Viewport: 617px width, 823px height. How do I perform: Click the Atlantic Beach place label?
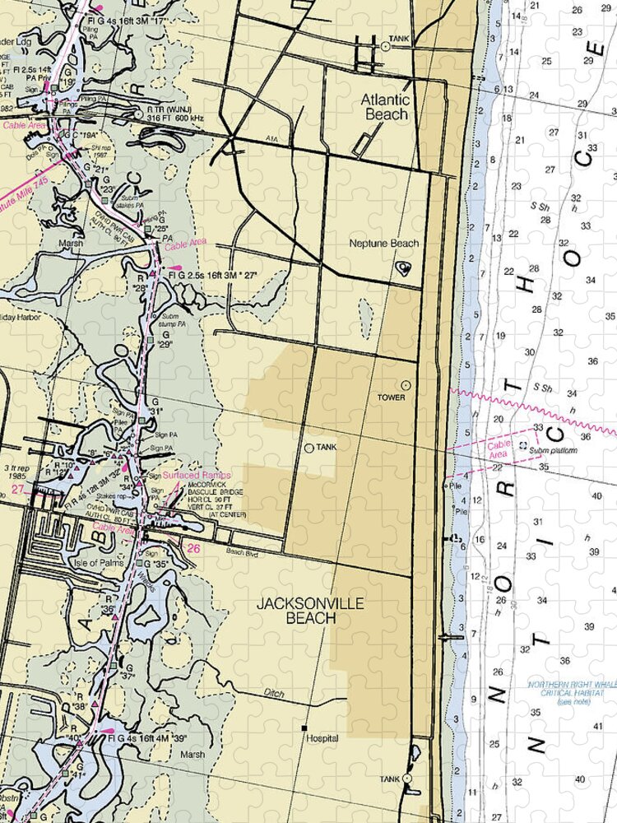pos(385,107)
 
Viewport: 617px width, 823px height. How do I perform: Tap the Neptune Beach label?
pos(383,244)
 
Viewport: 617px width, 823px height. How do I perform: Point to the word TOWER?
pos(392,398)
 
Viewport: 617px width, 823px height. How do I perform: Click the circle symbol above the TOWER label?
pos(405,384)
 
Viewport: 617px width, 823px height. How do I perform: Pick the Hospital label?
pos(322,739)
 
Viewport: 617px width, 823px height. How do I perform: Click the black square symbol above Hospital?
pos(304,728)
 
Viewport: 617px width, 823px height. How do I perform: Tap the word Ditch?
pos(275,694)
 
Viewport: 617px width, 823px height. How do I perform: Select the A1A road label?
pos(272,142)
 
